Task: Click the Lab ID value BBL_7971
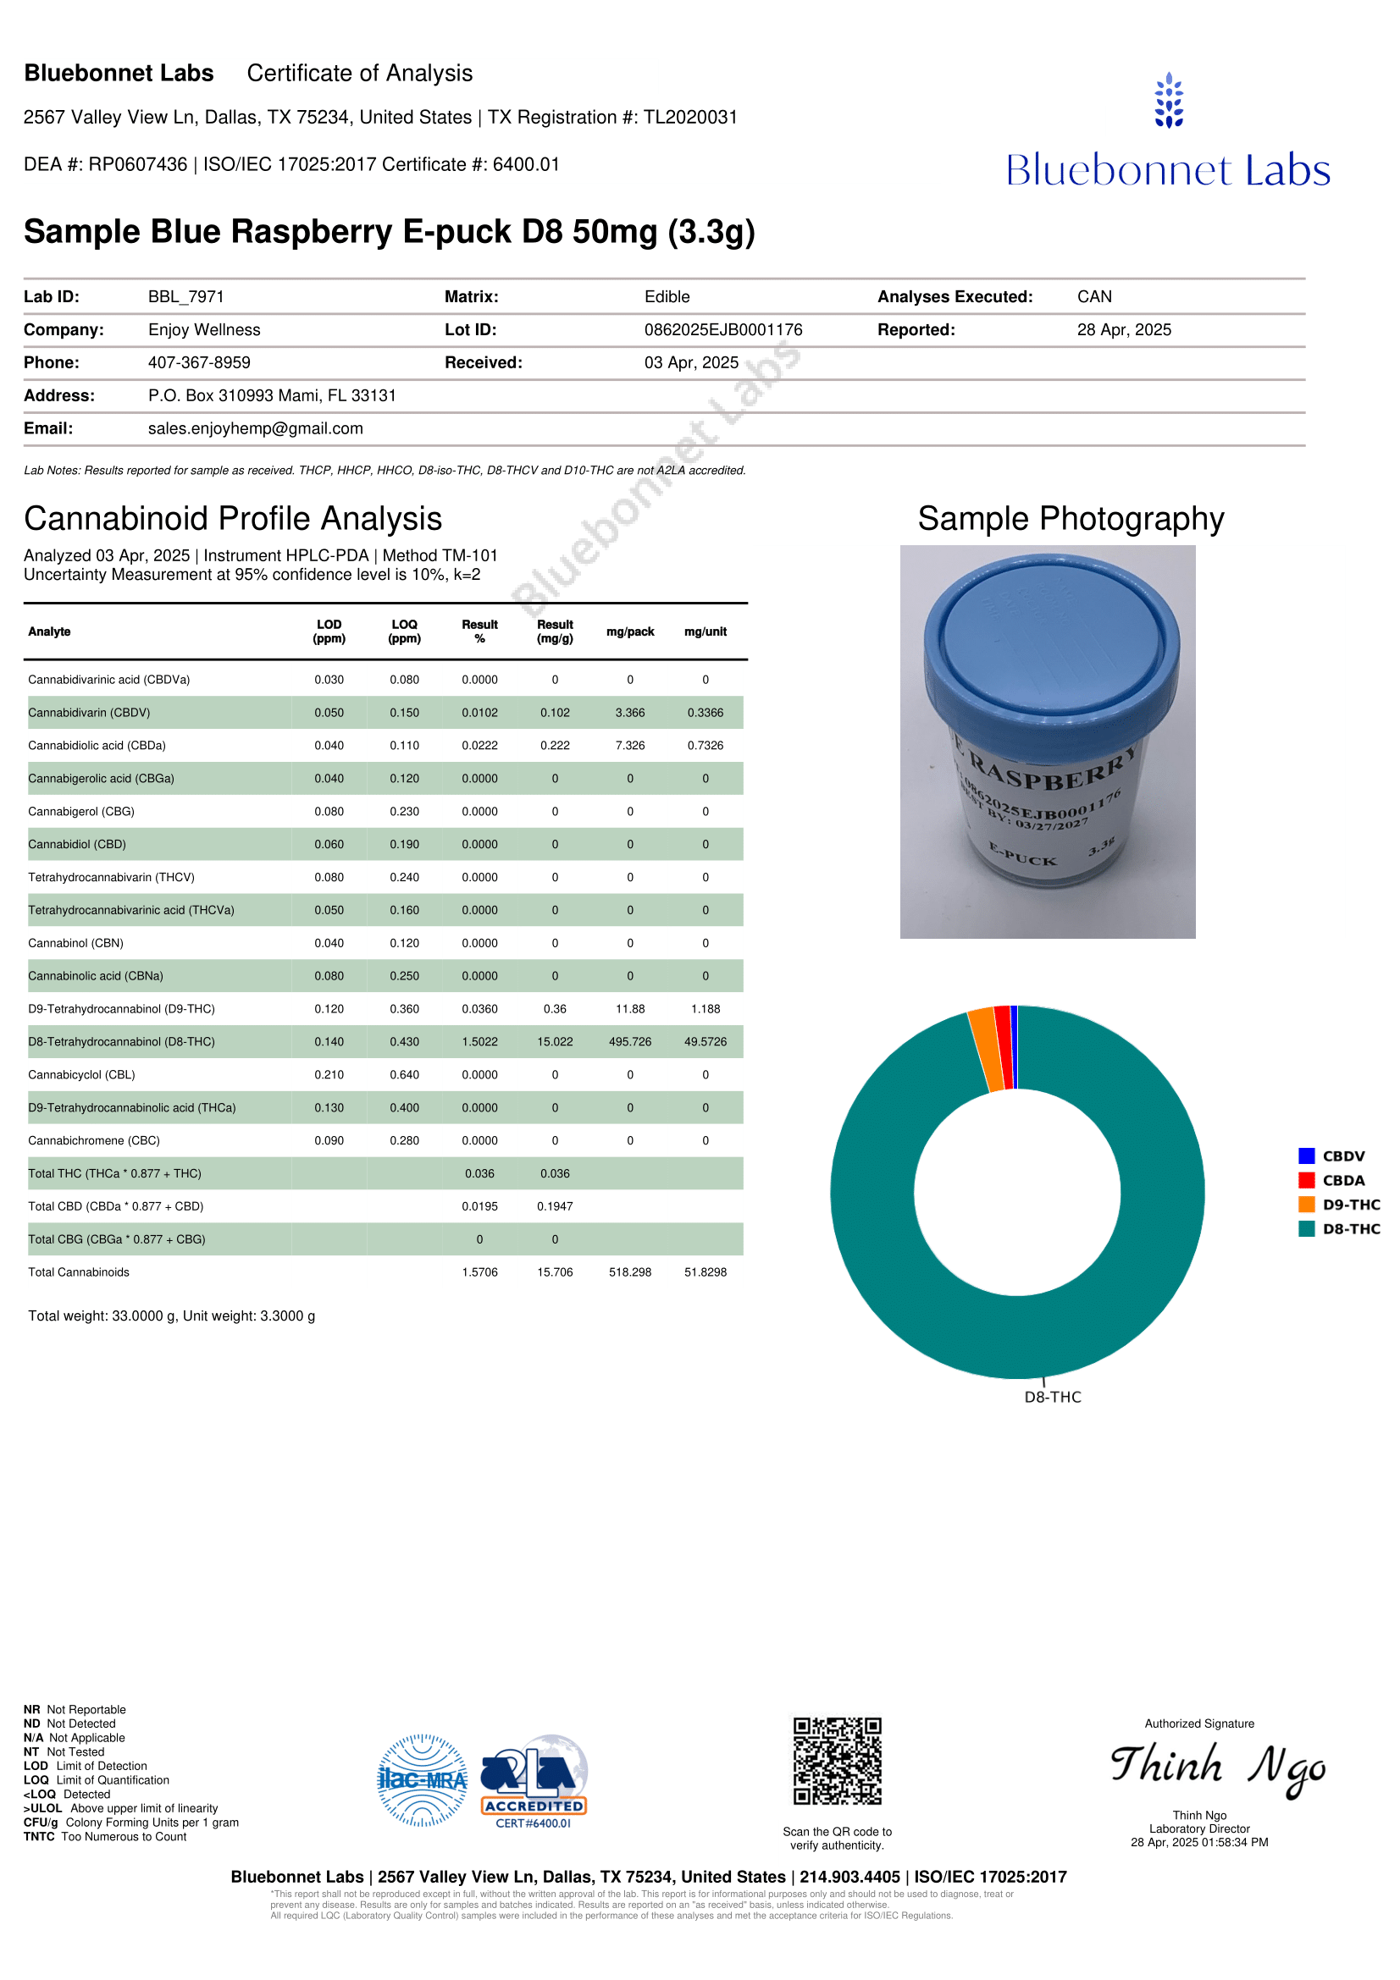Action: pyautogui.click(x=185, y=296)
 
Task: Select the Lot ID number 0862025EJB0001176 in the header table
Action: pyautogui.click(x=722, y=329)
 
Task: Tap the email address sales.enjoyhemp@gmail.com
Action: pyautogui.click(x=255, y=428)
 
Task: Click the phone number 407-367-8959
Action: pyautogui.click(x=199, y=362)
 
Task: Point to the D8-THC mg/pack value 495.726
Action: pyautogui.click(x=629, y=1042)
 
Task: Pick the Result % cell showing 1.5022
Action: pyautogui.click(x=479, y=1042)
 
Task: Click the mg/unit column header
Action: pyautogui.click(x=705, y=632)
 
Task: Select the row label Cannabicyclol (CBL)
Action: pyautogui.click(x=81, y=1074)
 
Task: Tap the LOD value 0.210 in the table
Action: pyautogui.click(x=329, y=1074)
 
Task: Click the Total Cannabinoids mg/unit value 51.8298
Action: pyautogui.click(x=705, y=1272)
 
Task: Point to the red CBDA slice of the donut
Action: pyautogui.click(x=1003, y=1047)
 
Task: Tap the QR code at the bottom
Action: pyautogui.click(x=837, y=1761)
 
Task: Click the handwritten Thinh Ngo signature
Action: pyautogui.click(x=1217, y=1766)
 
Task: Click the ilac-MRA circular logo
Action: pyautogui.click(x=422, y=1780)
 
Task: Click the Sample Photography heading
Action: pyautogui.click(x=1071, y=518)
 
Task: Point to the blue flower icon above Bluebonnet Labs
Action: pyautogui.click(x=1169, y=100)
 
